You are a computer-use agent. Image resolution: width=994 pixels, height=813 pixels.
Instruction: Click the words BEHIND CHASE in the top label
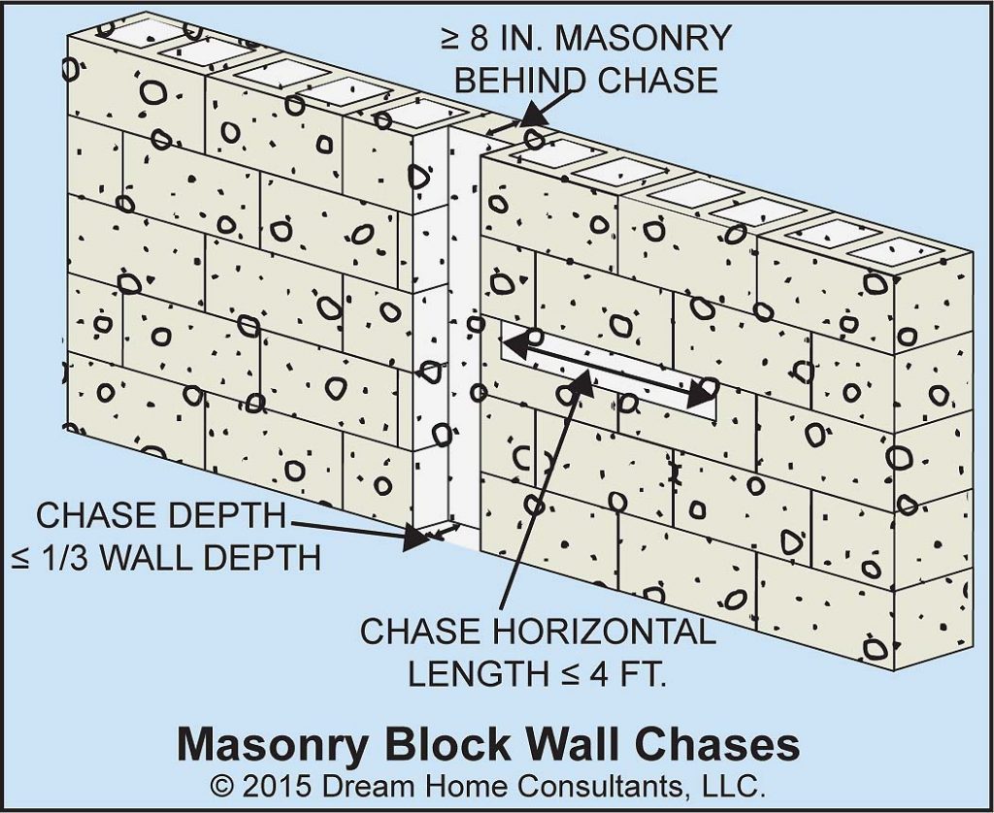click(x=586, y=81)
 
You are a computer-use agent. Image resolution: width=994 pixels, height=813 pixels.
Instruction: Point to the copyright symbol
click(x=220, y=784)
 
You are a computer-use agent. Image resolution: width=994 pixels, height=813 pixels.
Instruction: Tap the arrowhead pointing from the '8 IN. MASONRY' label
click(x=528, y=121)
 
